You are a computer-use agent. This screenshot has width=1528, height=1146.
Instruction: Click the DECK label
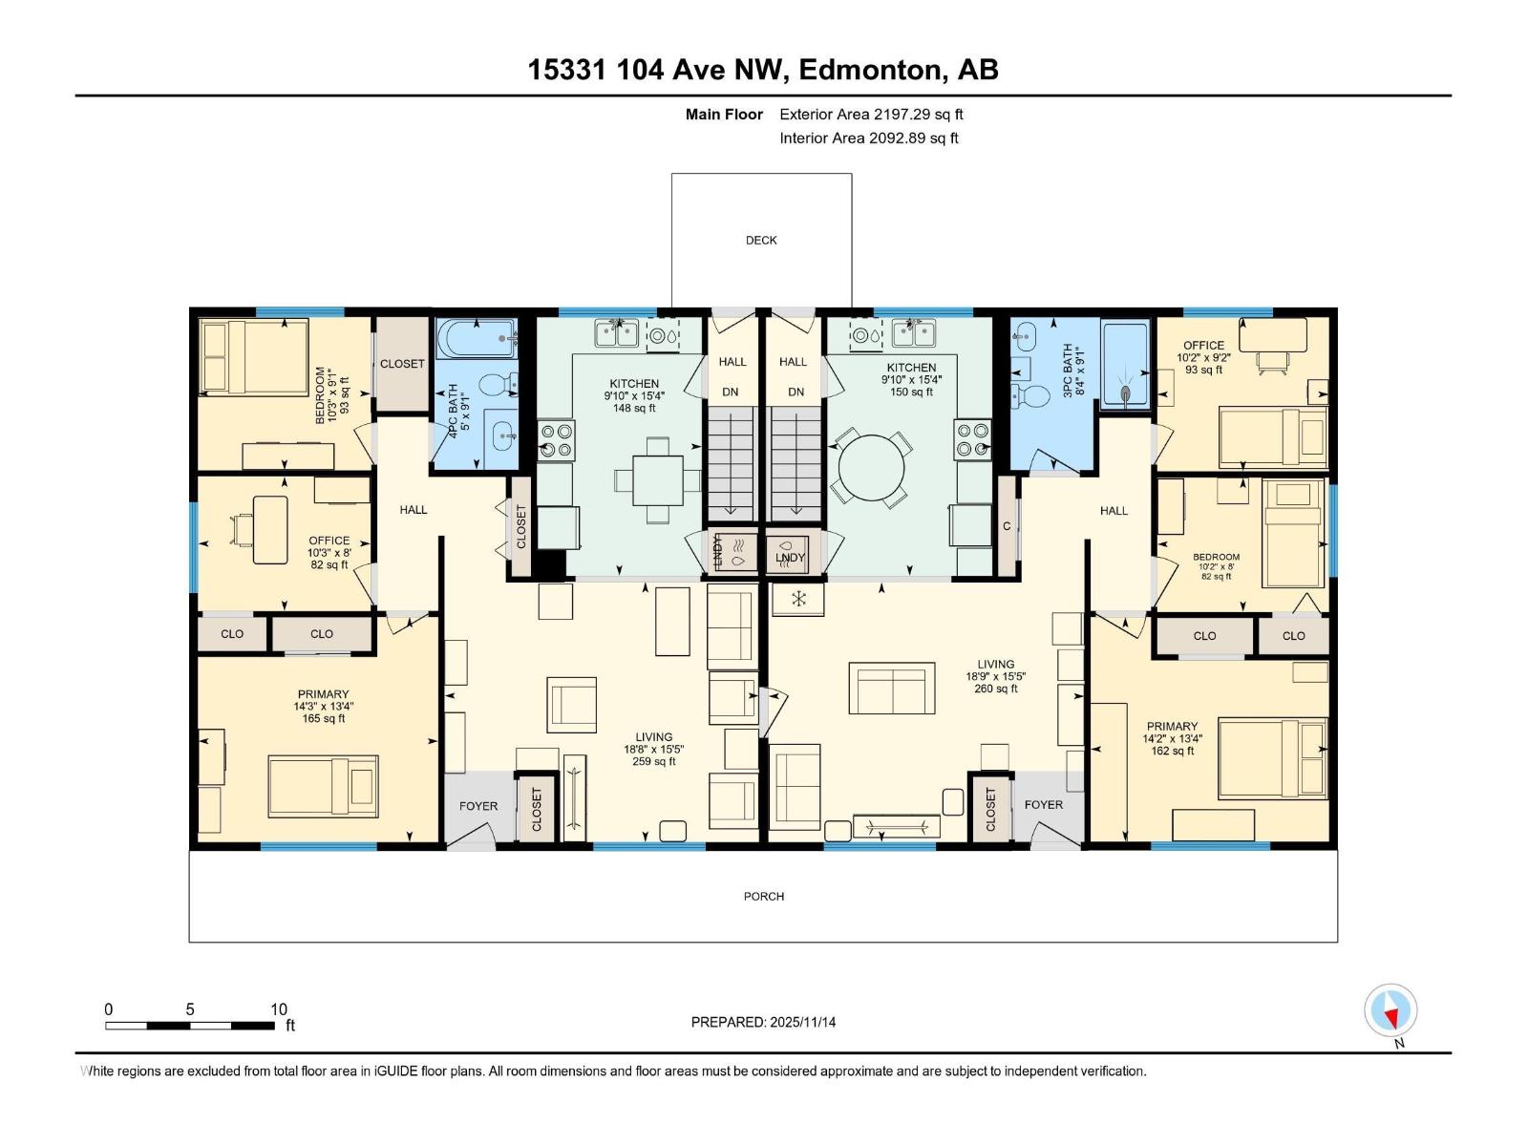click(761, 241)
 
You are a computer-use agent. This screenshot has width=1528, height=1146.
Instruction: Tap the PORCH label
click(764, 896)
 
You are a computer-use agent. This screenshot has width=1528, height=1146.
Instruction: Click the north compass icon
click(1391, 1011)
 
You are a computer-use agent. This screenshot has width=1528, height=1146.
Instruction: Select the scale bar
click(190, 1026)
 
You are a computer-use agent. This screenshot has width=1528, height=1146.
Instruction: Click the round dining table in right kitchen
click(871, 468)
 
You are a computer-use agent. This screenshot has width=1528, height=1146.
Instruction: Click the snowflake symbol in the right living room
click(798, 599)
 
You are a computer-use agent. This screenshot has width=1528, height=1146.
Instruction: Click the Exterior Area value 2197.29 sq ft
click(918, 115)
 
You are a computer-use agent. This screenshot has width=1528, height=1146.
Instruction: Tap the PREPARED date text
click(763, 1022)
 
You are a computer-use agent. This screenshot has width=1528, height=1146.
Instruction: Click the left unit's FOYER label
click(478, 806)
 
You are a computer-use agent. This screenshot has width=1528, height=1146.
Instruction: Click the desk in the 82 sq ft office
click(270, 529)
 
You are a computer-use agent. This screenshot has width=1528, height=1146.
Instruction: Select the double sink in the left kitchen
click(617, 333)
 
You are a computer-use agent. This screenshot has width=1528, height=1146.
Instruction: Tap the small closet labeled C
click(1007, 526)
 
